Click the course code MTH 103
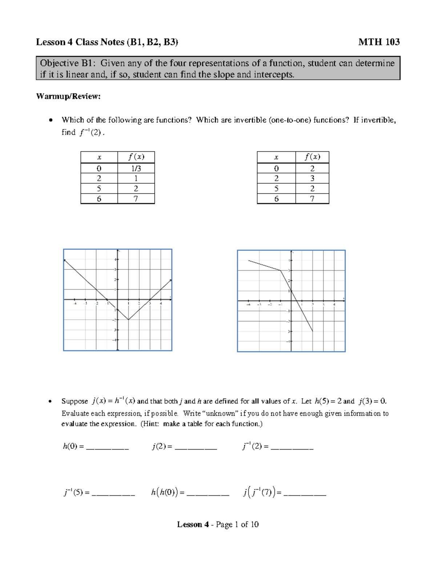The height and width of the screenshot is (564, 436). click(x=379, y=42)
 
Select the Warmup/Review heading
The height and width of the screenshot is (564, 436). click(x=68, y=96)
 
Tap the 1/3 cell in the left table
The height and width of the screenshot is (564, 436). click(x=136, y=169)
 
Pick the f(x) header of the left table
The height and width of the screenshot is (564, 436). click(x=136, y=157)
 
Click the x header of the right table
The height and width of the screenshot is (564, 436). click(x=276, y=157)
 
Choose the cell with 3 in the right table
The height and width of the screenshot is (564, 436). click(x=312, y=178)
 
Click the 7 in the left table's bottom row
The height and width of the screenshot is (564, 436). click(x=136, y=199)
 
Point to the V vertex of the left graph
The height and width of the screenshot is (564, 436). click(x=128, y=320)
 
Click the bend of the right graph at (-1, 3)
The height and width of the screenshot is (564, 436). click(x=280, y=270)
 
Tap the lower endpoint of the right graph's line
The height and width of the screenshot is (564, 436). click(x=312, y=331)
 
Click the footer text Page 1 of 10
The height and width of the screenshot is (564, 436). click(x=237, y=524)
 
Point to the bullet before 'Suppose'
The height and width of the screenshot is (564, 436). click(x=51, y=401)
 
